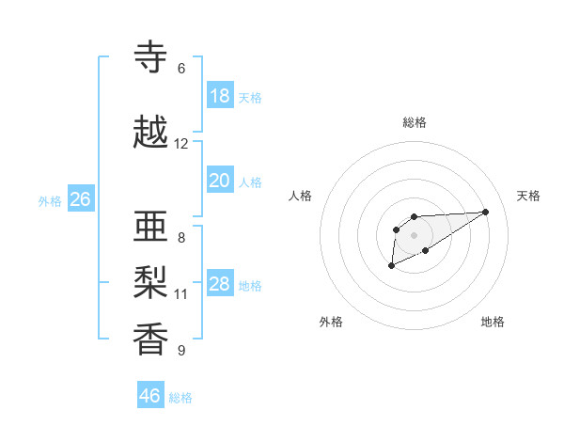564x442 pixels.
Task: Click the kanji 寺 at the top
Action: tap(151, 57)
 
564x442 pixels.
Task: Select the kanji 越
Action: tap(151, 133)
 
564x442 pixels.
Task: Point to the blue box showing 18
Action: tap(220, 96)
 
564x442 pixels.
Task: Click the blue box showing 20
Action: tap(220, 181)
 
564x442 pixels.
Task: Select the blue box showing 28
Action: tap(220, 284)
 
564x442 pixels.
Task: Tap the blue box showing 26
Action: tap(80, 199)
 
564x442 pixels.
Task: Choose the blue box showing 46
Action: tap(150, 396)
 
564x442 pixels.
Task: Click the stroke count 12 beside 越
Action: tap(181, 144)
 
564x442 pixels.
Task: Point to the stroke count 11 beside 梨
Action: tap(181, 294)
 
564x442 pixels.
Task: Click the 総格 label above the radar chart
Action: tap(415, 122)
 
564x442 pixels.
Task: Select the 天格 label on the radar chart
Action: tap(528, 196)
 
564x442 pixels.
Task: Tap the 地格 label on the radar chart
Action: tap(493, 322)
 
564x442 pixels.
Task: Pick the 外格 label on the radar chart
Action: tap(331, 322)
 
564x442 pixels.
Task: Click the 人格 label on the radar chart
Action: tap(301, 196)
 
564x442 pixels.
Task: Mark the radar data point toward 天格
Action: tap(486, 211)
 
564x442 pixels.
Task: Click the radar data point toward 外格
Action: tap(391, 267)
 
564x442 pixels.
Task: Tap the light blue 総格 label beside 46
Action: tap(180, 398)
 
